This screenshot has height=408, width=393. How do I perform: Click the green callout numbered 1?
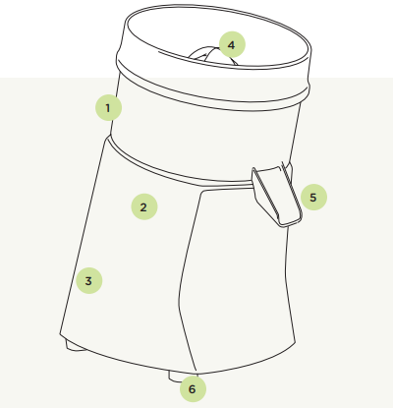tap(108, 107)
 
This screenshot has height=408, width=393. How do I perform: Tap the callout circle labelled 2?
tap(144, 206)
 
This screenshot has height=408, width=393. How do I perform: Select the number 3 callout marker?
tap(89, 280)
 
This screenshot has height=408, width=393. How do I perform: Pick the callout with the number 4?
tap(232, 44)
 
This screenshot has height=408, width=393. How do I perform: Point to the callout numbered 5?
tap(313, 197)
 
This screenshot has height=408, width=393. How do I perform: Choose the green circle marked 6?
tap(193, 388)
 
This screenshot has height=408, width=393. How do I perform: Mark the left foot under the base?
tap(76, 346)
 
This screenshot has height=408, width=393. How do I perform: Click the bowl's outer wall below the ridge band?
tap(203, 138)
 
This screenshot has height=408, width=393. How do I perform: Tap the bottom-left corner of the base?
tap(60, 334)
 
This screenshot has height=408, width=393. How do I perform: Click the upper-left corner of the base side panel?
tap(202, 191)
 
